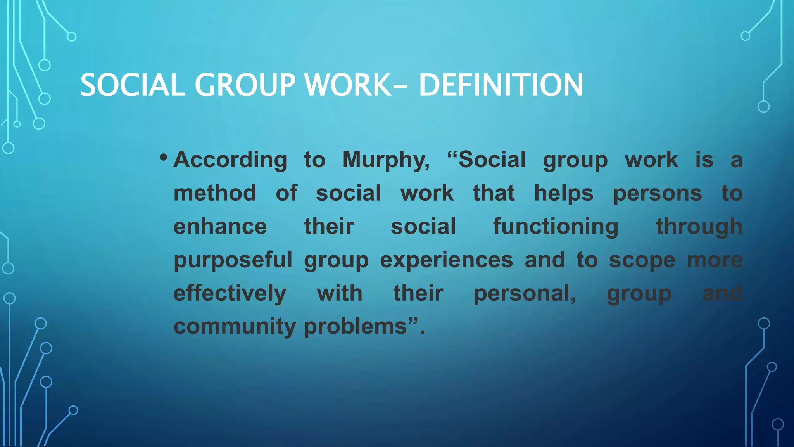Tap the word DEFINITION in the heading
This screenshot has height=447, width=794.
[501, 85]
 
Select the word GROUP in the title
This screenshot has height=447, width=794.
[245, 85]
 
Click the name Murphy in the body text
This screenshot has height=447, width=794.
[385, 160]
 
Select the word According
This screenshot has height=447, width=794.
[230, 160]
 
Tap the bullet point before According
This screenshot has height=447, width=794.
[163, 158]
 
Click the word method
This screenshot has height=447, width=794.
[215, 193]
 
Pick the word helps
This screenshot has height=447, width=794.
[564, 193]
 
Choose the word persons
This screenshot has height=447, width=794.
[657, 193]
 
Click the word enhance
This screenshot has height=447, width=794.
[220, 227]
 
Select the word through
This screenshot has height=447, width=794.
[699, 227]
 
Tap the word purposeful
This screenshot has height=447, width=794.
[233, 260]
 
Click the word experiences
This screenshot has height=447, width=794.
[446, 260]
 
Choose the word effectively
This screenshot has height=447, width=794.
[230, 293]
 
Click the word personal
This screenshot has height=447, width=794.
[524, 293]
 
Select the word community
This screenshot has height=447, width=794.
[235, 327]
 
